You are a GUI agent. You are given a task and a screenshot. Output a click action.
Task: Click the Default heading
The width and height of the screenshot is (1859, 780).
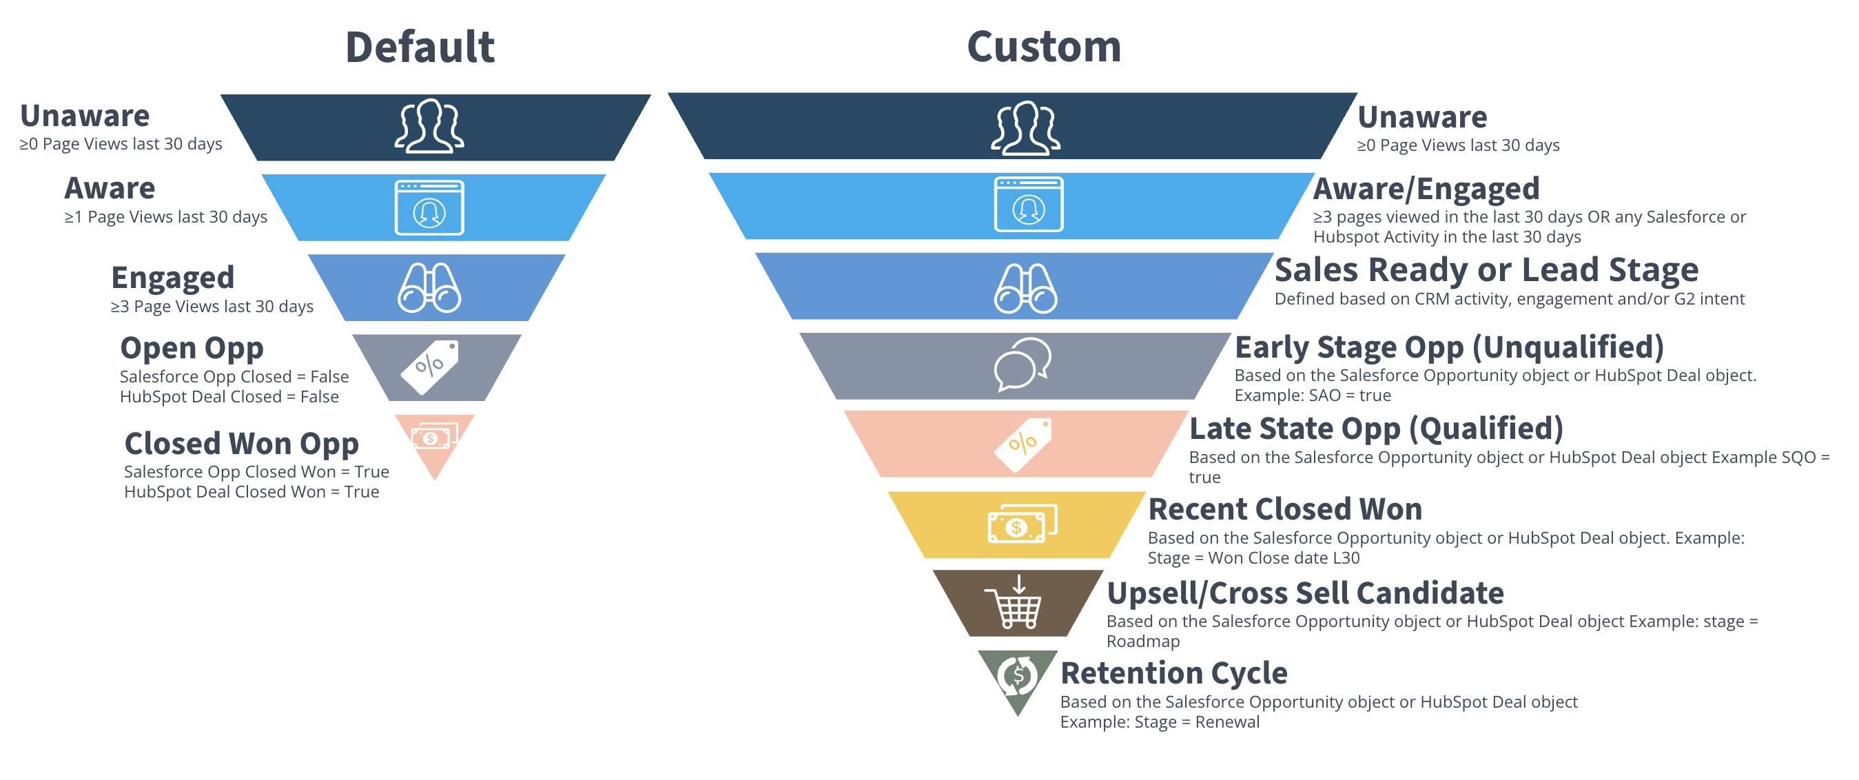coord(420,47)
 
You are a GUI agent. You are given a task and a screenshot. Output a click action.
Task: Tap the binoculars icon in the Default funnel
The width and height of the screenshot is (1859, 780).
coord(429,288)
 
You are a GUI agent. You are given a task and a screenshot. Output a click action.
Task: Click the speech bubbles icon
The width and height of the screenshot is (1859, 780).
coord(1022,365)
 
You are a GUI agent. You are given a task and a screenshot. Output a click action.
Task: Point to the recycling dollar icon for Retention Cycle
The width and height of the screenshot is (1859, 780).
coord(1018,676)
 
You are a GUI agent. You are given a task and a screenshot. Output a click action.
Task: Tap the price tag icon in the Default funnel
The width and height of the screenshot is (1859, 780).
coord(430,367)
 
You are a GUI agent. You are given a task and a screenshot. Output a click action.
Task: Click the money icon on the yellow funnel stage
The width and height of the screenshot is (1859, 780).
coord(1022,524)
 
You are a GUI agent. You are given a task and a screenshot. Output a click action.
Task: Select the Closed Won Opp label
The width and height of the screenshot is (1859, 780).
coord(242,444)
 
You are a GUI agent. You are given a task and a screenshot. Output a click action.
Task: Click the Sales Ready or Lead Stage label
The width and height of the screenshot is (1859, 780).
coord(1487,271)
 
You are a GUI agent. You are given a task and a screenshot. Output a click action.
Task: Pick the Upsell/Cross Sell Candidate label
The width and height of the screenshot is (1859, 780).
coord(1306,593)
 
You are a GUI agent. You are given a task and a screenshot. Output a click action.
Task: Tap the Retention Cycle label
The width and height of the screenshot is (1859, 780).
coord(1174,673)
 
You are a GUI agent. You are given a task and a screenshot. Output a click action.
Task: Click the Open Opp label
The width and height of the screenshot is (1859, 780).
coord(192,349)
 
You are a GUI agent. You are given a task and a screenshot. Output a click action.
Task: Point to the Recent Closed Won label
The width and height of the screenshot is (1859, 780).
coord(1285,509)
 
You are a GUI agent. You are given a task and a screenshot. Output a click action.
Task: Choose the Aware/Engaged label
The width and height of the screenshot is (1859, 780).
coord(1426,189)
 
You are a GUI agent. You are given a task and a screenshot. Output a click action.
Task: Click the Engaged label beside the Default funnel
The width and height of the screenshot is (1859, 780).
coord(173,278)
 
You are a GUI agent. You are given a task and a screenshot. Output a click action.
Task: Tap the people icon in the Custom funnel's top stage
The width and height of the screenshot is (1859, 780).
coord(1025,127)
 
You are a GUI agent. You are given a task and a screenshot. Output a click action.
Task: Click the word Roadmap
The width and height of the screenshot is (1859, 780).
coord(1143,642)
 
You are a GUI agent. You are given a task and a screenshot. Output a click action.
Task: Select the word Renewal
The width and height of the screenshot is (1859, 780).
coord(1227,722)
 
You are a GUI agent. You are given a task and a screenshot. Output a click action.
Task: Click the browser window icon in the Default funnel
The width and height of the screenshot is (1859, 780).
coord(429,208)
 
